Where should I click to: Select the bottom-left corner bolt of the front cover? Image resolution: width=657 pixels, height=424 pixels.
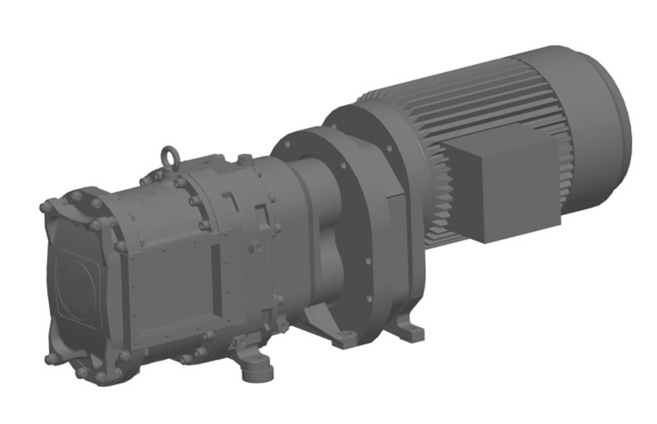pyautogui.click(x=49, y=360)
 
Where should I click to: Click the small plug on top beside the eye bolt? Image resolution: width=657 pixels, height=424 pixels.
pyautogui.click(x=245, y=159)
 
